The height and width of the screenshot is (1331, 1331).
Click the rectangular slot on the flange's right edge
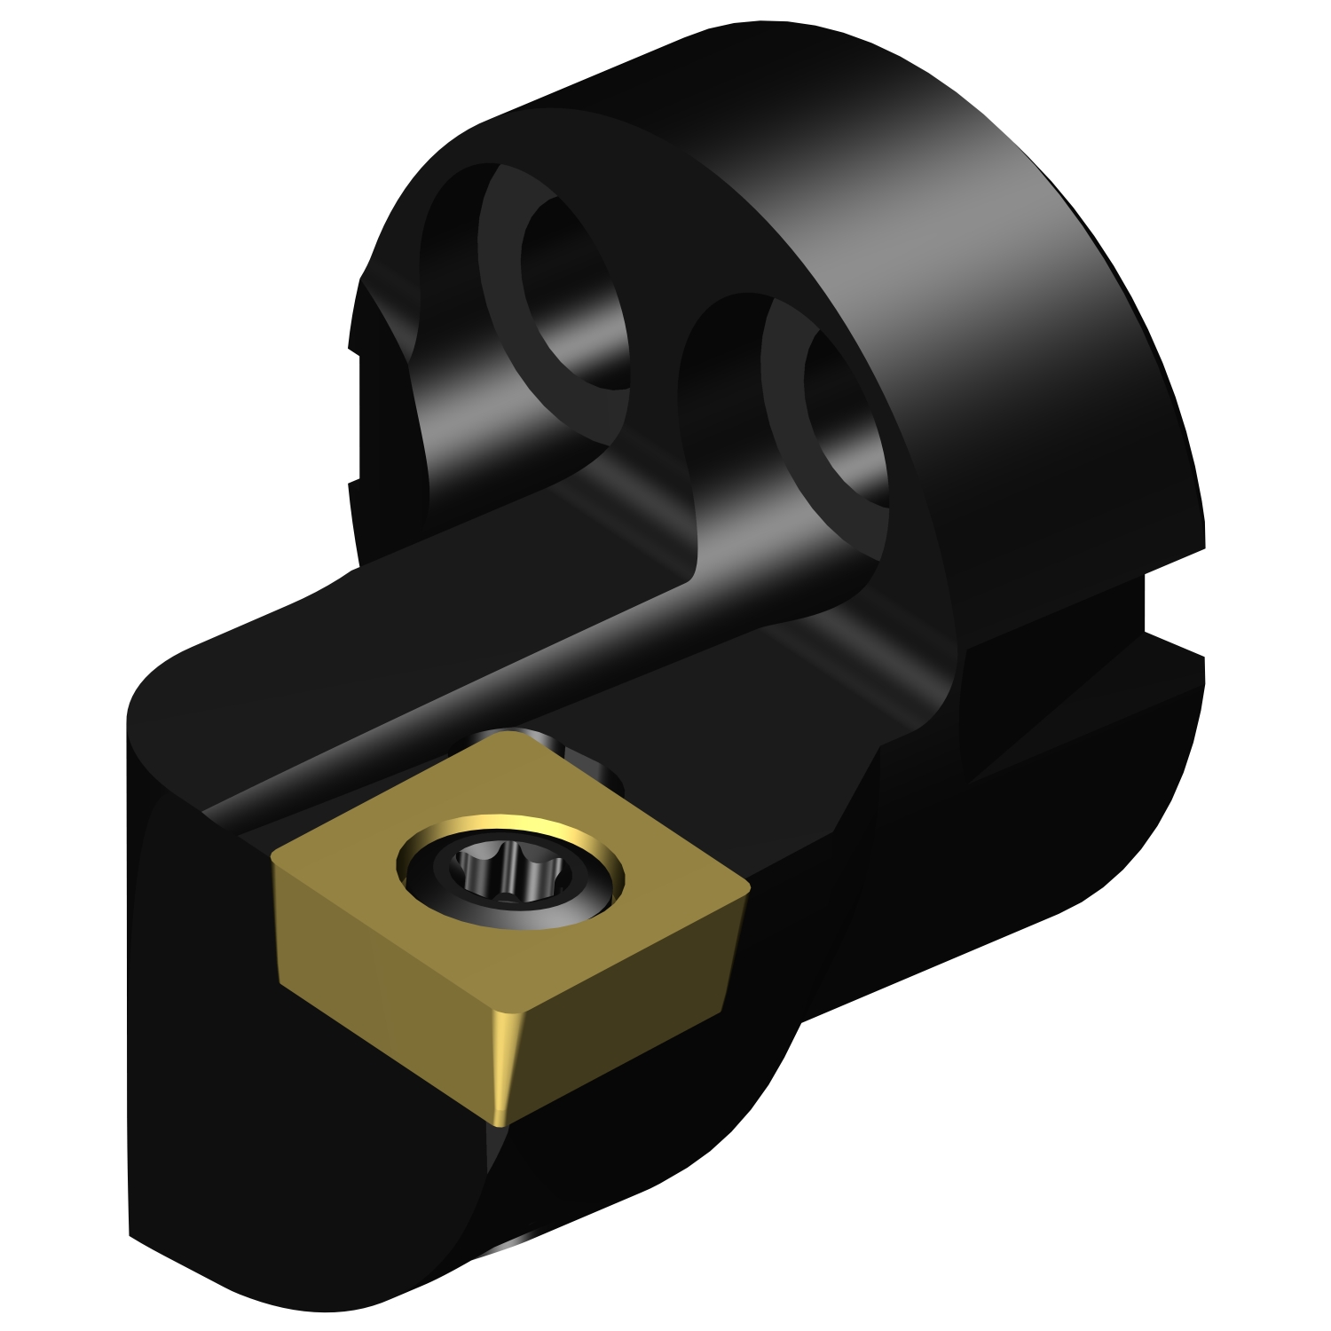click(x=1171, y=603)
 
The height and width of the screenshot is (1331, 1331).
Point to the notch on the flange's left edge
click(x=355, y=417)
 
